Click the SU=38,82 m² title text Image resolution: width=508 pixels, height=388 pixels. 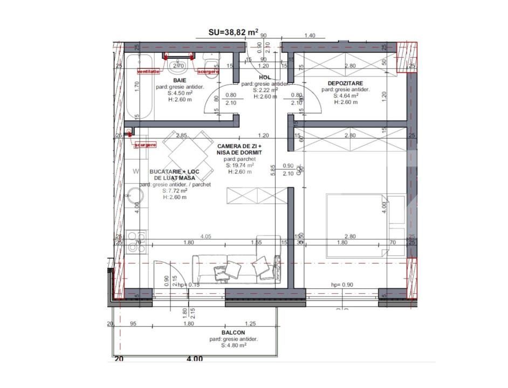tap(233, 32)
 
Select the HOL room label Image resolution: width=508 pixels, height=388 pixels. tap(265, 78)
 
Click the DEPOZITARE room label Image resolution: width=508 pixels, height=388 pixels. tap(346, 83)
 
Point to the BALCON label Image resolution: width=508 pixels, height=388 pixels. tap(233, 332)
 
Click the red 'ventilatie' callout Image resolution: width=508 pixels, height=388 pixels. tap(148, 71)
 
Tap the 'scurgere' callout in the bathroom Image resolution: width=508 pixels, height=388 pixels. tap(208, 71)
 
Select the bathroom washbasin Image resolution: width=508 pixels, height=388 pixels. tap(176, 67)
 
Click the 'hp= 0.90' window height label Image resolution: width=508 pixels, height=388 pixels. tap(342, 285)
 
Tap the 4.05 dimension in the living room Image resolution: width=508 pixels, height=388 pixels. tap(205, 236)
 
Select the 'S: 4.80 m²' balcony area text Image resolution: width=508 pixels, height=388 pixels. tap(233, 346)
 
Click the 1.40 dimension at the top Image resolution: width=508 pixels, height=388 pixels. tap(310, 36)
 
